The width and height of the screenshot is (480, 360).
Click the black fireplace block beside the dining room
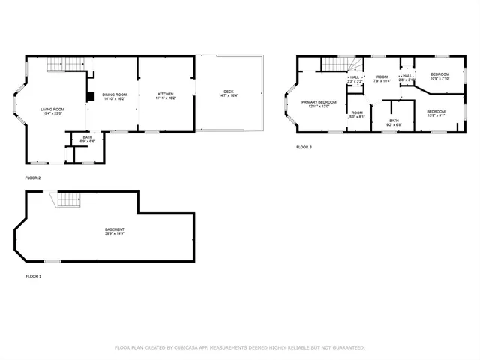point(89,96)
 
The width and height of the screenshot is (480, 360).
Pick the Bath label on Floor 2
point(88,139)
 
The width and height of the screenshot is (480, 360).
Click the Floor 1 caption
point(34,276)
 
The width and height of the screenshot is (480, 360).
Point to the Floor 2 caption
point(34,178)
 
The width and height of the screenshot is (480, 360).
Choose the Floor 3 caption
point(304,147)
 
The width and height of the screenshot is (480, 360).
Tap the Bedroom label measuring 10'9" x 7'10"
point(439,75)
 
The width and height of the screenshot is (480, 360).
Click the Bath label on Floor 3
point(394,121)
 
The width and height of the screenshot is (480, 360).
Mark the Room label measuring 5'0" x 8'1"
point(356,114)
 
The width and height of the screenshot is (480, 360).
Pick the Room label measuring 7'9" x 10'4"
point(382,78)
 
